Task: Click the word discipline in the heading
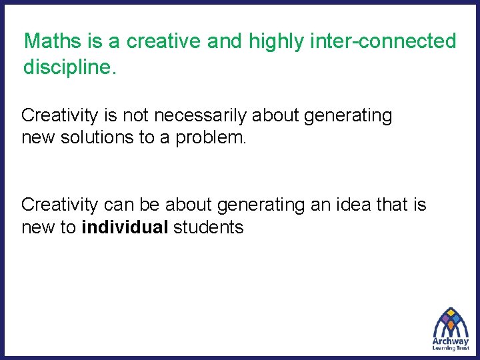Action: (x=67, y=67)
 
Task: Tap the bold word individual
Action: (x=125, y=227)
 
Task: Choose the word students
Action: (x=209, y=227)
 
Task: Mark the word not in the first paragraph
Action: (x=138, y=116)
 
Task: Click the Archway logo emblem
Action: (x=451, y=323)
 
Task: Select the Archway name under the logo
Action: (x=451, y=341)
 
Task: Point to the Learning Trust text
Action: (x=451, y=348)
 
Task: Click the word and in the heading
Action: (x=225, y=41)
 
